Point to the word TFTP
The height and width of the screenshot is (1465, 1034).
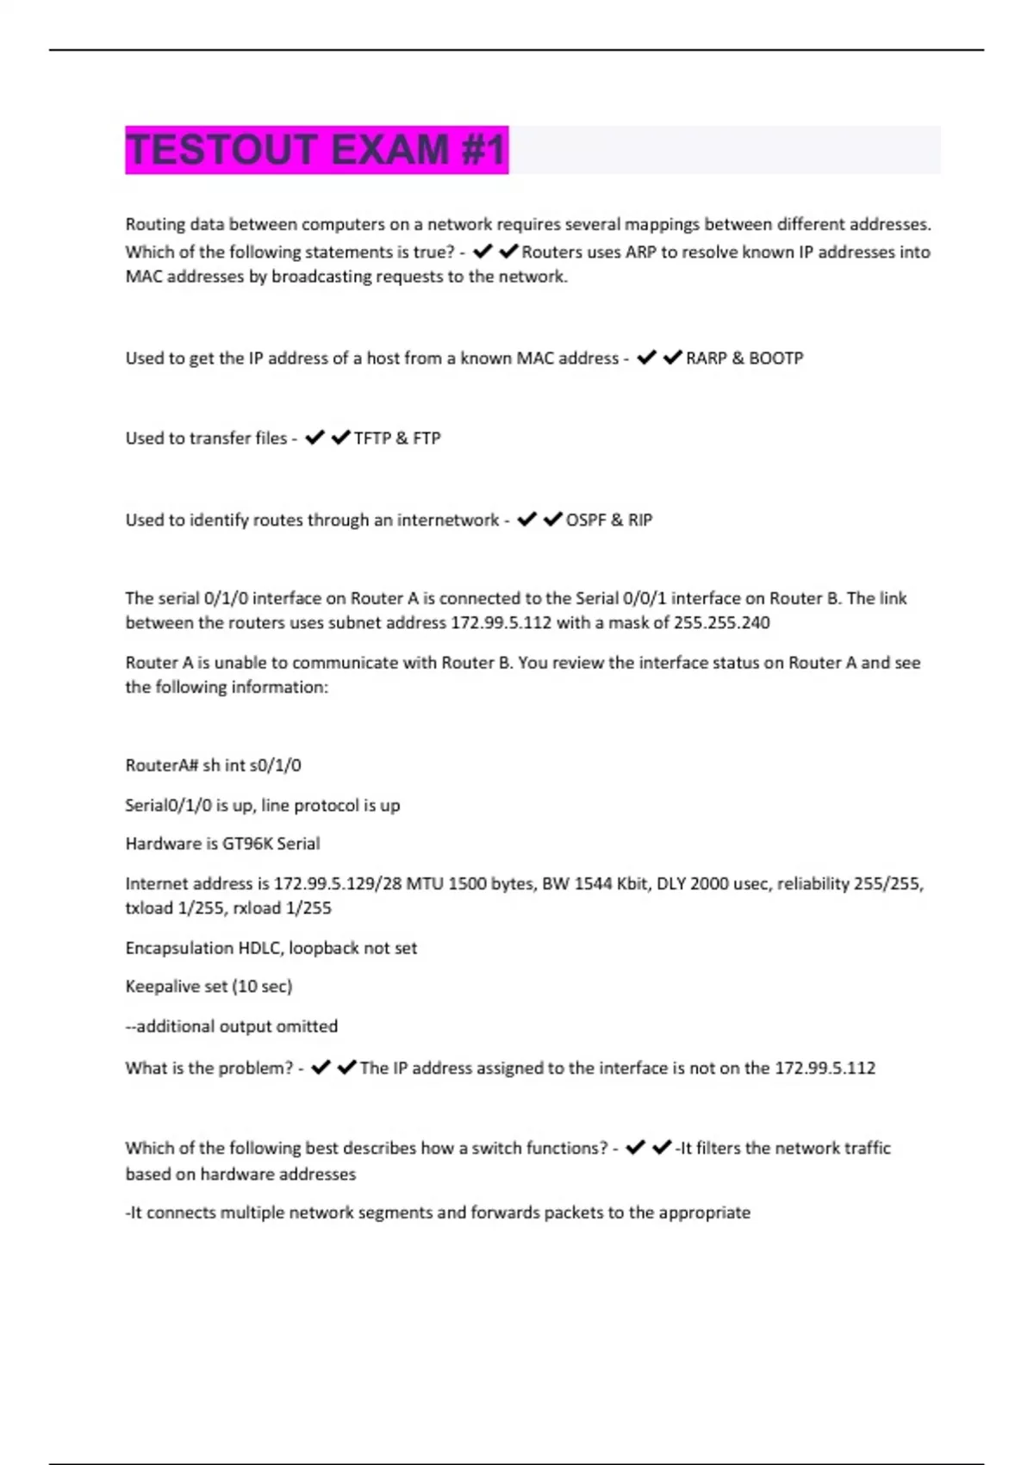click(372, 439)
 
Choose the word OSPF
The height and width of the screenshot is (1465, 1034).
click(585, 521)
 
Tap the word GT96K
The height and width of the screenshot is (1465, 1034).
click(246, 845)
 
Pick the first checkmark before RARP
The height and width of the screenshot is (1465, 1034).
click(646, 358)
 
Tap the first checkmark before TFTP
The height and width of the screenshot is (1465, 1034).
click(315, 438)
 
